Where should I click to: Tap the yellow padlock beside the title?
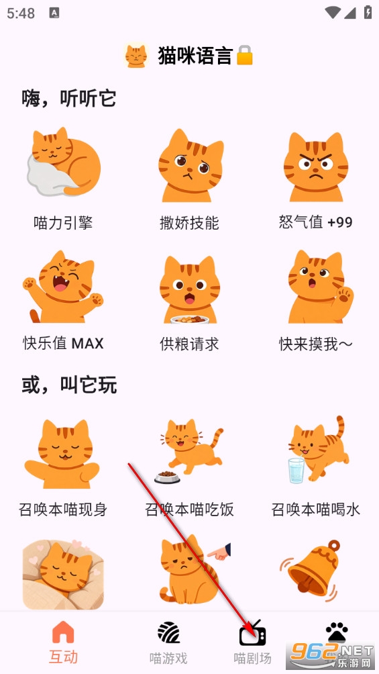[244, 56]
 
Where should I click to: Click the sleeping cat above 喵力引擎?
[64, 162]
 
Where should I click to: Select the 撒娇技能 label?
[189, 223]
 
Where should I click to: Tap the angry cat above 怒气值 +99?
[316, 166]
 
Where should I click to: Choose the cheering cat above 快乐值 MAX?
[63, 287]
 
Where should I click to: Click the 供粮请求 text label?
[189, 344]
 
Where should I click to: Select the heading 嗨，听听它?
[69, 99]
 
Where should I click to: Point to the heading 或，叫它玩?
[69, 385]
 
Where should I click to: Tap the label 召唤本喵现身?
[63, 510]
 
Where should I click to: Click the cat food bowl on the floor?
[167, 477]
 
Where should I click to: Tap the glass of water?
[296, 471]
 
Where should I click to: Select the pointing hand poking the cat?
[219, 552]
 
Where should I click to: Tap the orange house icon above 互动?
[63, 632]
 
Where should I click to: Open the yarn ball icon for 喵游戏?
[168, 632]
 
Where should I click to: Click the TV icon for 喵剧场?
[252, 633]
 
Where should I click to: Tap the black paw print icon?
[337, 632]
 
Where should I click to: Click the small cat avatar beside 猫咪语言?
[136, 56]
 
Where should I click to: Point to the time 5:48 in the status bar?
[21, 13]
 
